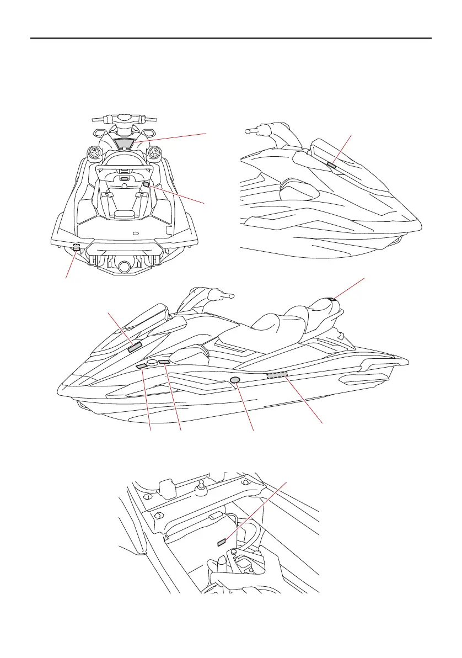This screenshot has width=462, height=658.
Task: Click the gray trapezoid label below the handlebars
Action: pos(126,143)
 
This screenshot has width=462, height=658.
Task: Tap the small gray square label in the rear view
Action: pos(146,184)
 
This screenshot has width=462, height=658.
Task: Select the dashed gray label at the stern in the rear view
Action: pos(76,247)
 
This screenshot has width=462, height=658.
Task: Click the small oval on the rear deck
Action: pos(135,232)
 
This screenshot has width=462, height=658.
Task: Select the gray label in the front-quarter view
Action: pos(331,164)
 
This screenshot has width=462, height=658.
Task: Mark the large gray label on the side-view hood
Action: pos(135,347)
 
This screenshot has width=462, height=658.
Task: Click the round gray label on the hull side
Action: pos(235,380)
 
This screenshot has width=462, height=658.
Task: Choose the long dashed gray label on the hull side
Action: pos(277,376)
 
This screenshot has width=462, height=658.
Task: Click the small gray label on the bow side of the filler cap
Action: pos(141,366)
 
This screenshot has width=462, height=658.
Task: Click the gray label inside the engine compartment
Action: pos(222,542)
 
